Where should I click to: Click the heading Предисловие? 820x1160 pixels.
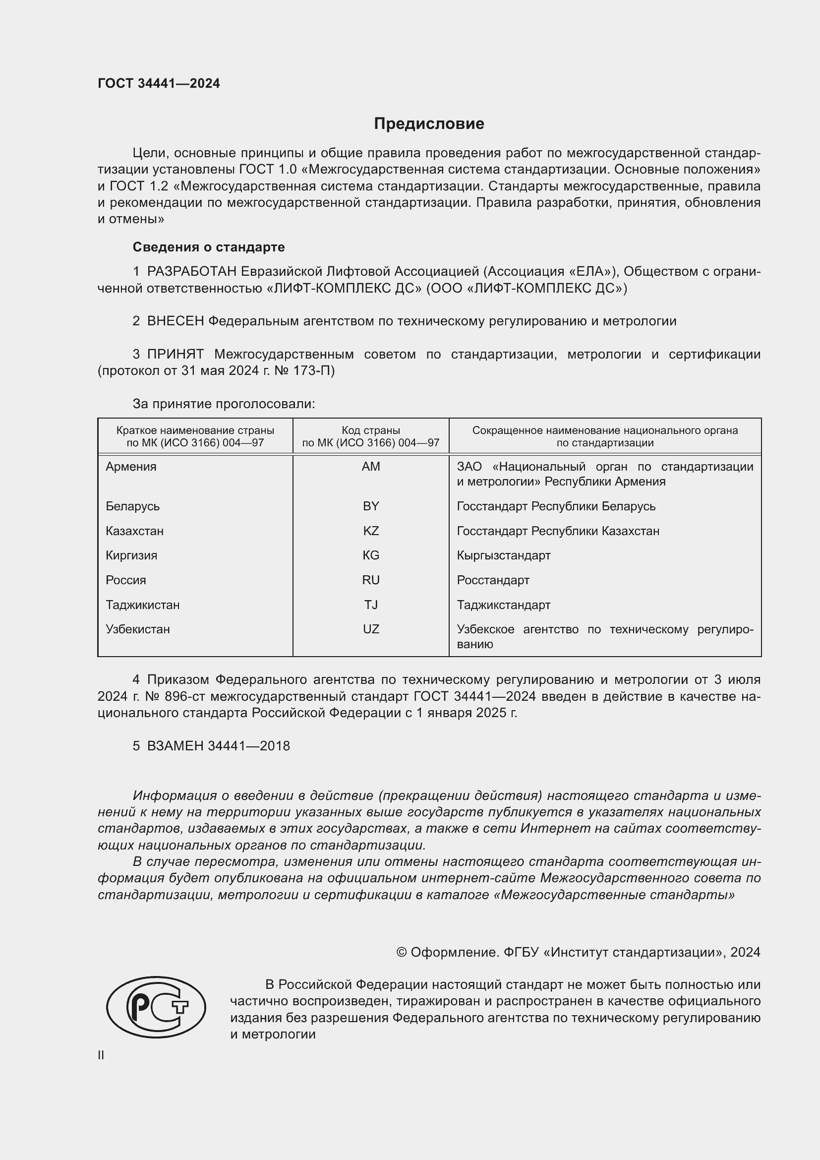[429, 124]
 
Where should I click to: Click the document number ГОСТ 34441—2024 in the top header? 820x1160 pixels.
[159, 84]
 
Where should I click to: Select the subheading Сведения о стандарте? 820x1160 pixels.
[209, 247]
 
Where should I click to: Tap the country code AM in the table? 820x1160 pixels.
[371, 467]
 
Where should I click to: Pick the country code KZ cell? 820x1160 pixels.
[371, 531]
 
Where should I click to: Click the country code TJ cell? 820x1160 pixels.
[371, 605]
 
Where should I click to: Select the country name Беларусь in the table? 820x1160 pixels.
[132, 506]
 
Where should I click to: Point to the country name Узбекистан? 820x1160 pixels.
[137, 629]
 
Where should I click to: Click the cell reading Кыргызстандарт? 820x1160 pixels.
[503, 556]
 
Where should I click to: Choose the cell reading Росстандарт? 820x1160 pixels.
[493, 580]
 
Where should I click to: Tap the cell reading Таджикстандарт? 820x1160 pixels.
[503, 605]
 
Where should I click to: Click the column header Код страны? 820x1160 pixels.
[371, 430]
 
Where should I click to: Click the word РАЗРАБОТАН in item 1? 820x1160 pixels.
[191, 272]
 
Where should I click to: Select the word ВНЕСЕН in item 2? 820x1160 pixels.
[175, 321]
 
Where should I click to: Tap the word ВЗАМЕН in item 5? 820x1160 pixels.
[175, 746]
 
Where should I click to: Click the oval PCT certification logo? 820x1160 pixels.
[156, 1007]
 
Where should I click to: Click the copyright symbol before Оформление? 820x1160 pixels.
[402, 952]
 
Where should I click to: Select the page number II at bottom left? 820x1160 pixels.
[101, 1055]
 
